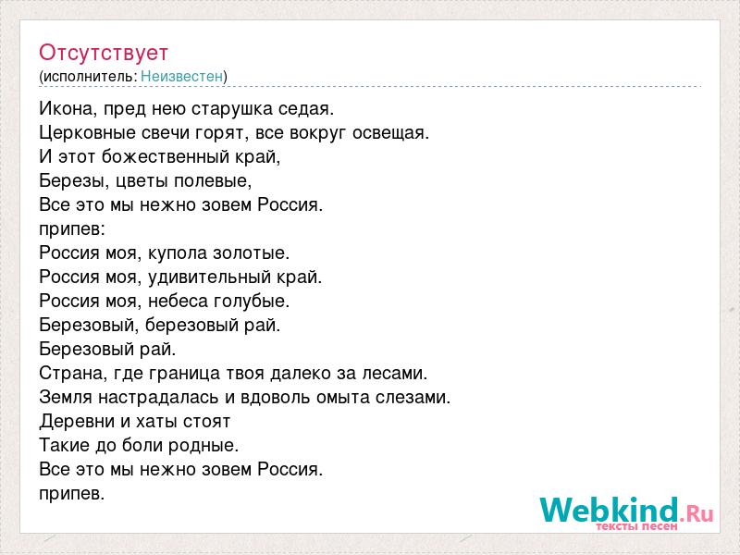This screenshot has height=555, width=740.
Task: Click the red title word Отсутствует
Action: pyautogui.click(x=104, y=53)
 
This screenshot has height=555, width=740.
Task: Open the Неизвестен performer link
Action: pyautogui.click(x=181, y=76)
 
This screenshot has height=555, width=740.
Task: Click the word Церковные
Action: pyautogui.click(x=87, y=133)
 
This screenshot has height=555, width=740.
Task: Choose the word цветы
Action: pyautogui.click(x=142, y=181)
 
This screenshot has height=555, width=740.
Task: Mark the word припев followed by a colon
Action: pyautogui.click(x=72, y=229)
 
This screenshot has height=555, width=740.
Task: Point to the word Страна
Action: pyautogui.click(x=74, y=374)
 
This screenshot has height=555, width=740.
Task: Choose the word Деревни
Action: pyautogui.click(x=77, y=422)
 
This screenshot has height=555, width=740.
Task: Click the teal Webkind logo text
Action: pyautogui.click(x=609, y=511)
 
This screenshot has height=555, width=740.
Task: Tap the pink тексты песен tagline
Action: pyautogui.click(x=636, y=526)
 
